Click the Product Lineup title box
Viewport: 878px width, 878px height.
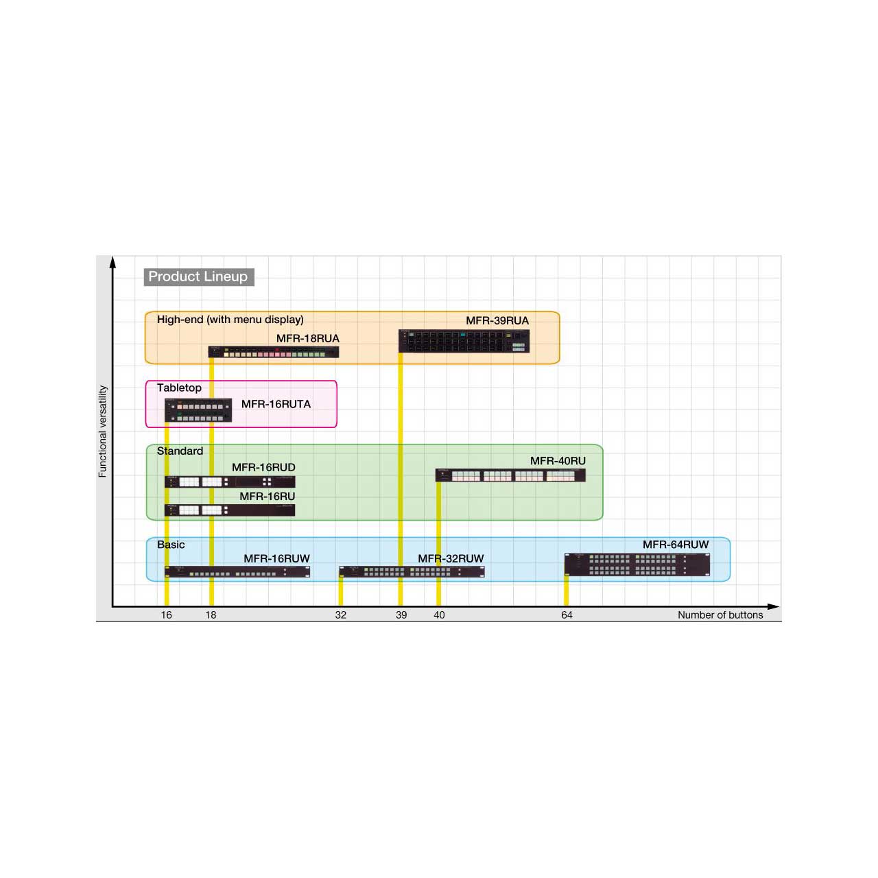point(199,276)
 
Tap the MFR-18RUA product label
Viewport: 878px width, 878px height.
point(307,339)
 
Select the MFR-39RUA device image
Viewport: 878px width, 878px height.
point(464,342)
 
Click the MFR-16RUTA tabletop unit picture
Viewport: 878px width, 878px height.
point(198,410)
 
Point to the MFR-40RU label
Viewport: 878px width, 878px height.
point(558,461)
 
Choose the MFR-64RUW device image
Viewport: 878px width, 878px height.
point(637,565)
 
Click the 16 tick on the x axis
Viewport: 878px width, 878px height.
point(166,615)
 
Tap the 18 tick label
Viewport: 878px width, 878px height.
point(211,615)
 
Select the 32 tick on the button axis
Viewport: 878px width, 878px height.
point(340,615)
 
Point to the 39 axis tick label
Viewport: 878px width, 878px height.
point(401,615)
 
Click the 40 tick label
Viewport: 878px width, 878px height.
point(439,615)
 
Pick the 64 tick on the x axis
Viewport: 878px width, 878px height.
point(567,615)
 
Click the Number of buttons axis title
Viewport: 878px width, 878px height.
point(720,615)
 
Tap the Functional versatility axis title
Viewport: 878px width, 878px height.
point(102,431)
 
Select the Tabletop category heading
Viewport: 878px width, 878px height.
point(179,388)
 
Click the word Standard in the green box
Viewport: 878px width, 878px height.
point(180,451)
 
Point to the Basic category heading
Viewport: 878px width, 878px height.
point(171,545)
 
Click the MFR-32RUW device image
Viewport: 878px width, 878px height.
point(412,571)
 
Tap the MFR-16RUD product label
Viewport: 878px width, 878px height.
point(263,468)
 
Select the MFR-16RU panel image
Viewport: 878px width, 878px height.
point(230,510)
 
